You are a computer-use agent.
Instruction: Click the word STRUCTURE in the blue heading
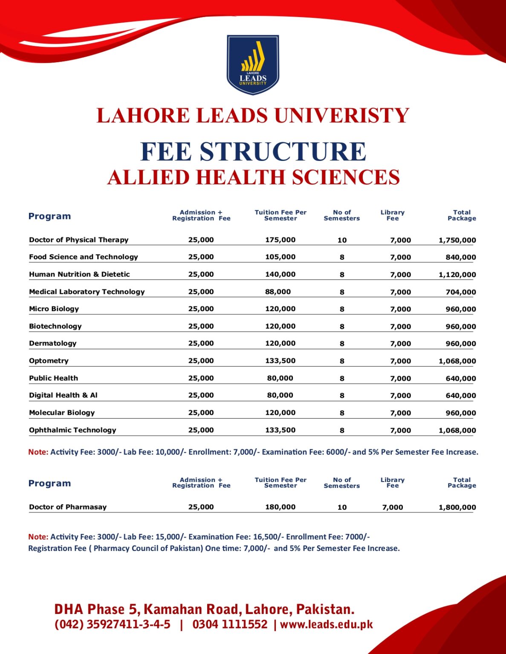tap(283, 152)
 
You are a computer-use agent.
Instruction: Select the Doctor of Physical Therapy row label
tap(78, 240)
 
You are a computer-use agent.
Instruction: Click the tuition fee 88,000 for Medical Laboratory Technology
tap(278, 292)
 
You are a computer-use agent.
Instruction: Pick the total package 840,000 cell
tap(460, 257)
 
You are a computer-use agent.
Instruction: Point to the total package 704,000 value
tap(460, 292)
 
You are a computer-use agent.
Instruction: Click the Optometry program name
tap(49, 361)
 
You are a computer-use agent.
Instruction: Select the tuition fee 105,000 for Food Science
tap(280, 257)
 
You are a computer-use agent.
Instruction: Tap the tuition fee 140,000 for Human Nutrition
tap(280, 274)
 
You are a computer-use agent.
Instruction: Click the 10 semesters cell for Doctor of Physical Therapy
tap(342, 240)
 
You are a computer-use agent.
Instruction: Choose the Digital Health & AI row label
tap(63, 395)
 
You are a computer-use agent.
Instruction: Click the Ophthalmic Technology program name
tap(72, 430)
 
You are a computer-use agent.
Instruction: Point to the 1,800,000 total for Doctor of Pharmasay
tap(457, 507)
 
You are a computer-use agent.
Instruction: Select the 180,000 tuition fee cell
tap(280, 507)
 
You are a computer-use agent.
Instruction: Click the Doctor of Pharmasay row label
tap(68, 507)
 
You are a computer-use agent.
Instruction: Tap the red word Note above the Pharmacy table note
tap(38, 537)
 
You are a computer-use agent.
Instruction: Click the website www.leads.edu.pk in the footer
tap(326, 625)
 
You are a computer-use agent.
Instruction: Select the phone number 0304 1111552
tap(230, 625)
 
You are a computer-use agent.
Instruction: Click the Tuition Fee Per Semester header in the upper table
tap(280, 215)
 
